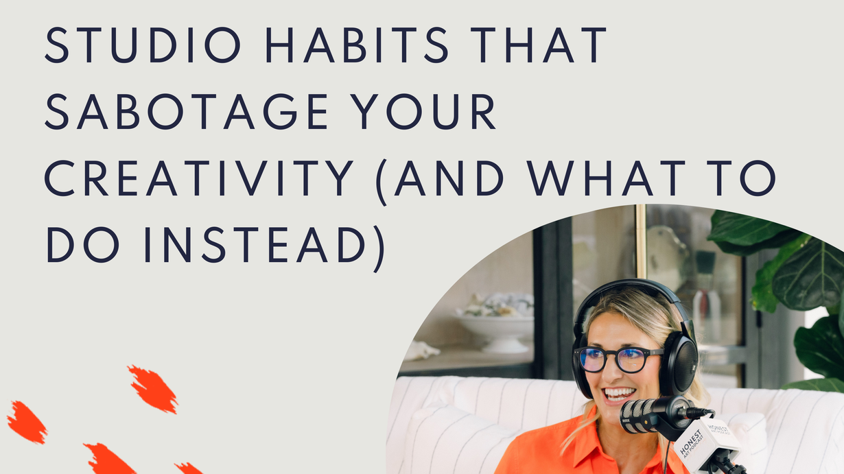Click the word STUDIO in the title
[x=143, y=45]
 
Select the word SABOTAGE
[x=186, y=112]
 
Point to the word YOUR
[x=424, y=112]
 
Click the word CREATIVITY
[x=199, y=178]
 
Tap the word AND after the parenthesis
[x=449, y=178]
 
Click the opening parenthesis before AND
[x=382, y=182]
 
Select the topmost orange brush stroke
[x=153, y=389]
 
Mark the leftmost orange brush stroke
[x=27, y=422]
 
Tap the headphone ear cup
[x=679, y=364]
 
